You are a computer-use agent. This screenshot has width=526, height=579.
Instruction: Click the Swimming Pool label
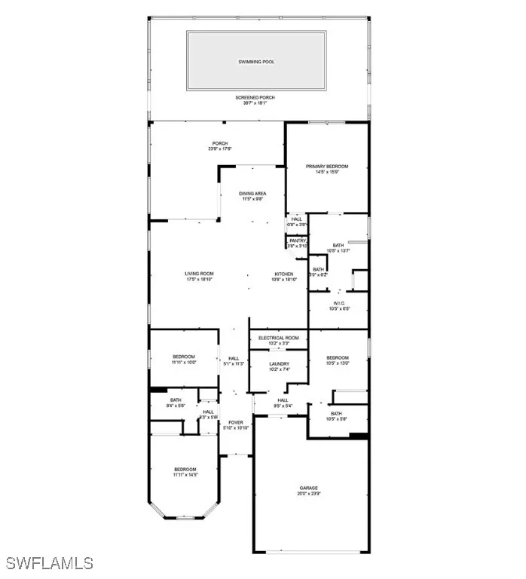tap(257, 61)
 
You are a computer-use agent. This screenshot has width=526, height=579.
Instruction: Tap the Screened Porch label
tap(257, 97)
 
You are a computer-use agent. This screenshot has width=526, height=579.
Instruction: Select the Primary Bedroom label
tap(327, 166)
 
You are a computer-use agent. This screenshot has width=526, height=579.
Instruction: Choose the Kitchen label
tap(283, 274)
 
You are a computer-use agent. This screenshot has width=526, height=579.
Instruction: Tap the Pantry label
tap(298, 240)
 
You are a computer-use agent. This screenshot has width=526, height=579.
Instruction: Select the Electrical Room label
tap(279, 338)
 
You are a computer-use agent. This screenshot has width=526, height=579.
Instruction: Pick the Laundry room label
tap(279, 363)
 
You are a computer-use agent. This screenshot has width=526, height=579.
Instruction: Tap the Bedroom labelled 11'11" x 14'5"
tap(185, 469)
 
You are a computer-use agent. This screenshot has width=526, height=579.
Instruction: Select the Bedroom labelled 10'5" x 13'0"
tap(337, 357)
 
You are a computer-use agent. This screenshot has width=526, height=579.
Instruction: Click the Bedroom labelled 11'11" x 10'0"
tap(185, 357)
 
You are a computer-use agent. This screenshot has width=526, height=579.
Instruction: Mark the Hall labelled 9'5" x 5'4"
tap(283, 400)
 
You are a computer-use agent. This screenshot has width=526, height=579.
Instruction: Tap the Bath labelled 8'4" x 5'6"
tap(176, 400)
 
